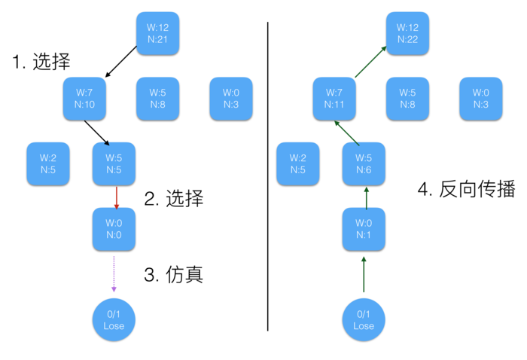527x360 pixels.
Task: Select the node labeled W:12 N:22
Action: click(x=407, y=32)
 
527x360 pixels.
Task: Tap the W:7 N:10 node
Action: click(x=85, y=98)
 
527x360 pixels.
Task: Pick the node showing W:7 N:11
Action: click(x=334, y=98)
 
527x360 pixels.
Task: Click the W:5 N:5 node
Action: click(x=114, y=163)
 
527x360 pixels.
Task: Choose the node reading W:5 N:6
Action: click(x=363, y=163)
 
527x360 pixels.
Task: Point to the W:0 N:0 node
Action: click(x=114, y=230)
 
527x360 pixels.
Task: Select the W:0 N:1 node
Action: click(x=363, y=230)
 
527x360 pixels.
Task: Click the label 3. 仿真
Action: click(x=174, y=274)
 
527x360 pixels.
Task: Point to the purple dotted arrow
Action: click(x=114, y=273)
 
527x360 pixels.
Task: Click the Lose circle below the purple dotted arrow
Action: click(x=114, y=319)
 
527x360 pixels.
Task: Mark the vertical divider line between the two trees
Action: click(x=269, y=177)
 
